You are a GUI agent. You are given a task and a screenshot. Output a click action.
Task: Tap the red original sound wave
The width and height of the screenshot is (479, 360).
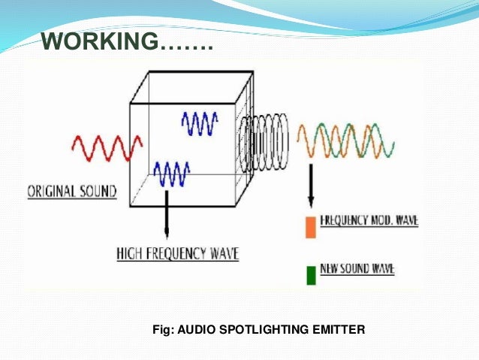(x=107, y=147)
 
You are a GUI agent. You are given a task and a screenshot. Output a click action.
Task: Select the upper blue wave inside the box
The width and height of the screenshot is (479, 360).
(x=200, y=123)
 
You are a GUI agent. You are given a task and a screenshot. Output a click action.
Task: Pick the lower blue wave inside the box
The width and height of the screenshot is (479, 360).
(x=171, y=174)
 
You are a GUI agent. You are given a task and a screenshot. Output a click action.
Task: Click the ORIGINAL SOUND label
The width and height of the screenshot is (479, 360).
(x=72, y=192)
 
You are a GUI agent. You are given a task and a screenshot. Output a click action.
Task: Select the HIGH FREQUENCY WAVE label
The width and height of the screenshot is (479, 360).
(x=177, y=254)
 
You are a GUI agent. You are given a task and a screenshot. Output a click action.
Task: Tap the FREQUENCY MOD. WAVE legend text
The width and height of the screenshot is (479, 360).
(x=369, y=222)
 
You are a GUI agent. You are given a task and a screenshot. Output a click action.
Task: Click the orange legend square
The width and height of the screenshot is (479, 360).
(x=309, y=226)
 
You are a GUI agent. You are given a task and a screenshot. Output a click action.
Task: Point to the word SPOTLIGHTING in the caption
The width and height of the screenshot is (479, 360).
(x=262, y=328)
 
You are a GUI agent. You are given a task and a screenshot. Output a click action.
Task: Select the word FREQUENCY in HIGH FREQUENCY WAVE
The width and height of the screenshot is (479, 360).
(x=179, y=254)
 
